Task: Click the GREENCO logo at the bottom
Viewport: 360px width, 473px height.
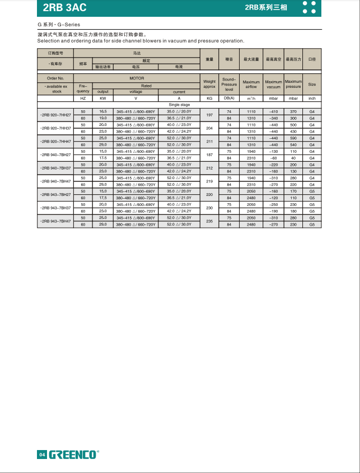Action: (x=73, y=454)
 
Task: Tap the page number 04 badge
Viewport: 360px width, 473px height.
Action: (x=41, y=454)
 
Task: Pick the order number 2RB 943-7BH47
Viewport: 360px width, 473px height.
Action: (x=56, y=221)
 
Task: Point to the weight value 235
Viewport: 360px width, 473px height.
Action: (x=209, y=221)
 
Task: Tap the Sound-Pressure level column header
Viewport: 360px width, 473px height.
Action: (x=229, y=84)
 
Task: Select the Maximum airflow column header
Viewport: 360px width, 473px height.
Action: (x=251, y=84)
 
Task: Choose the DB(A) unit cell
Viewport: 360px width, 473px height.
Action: (x=229, y=98)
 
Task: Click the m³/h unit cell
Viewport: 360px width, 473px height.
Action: (x=251, y=98)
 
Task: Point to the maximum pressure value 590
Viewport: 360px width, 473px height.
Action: (x=293, y=138)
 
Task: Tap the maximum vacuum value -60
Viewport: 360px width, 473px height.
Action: (x=274, y=158)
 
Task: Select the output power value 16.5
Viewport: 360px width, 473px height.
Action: (x=103, y=111)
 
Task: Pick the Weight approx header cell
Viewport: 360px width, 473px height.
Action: (x=209, y=84)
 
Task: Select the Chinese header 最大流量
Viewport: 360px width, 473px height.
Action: (x=251, y=59)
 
